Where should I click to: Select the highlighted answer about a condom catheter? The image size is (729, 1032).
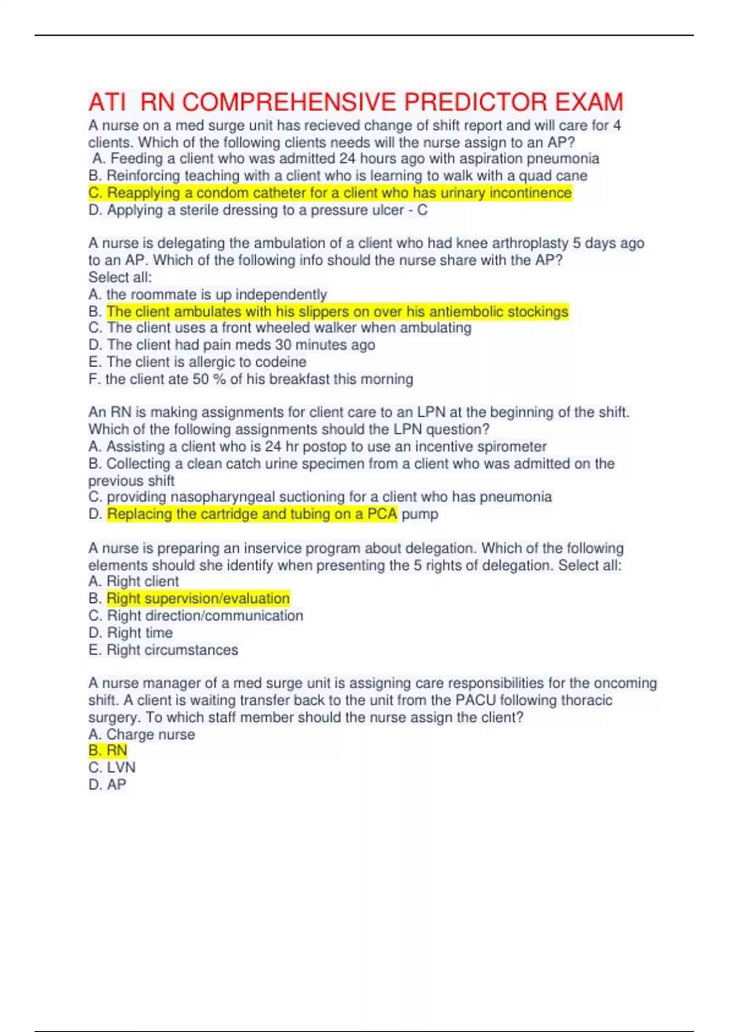330,193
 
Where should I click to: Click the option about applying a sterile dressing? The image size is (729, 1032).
258,210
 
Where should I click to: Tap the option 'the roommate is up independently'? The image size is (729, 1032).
208,294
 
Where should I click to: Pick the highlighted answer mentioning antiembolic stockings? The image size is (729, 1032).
337,311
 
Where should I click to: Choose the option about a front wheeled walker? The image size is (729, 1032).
279,328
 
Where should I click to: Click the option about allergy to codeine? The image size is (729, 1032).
197,362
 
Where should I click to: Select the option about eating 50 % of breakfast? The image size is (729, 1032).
250,379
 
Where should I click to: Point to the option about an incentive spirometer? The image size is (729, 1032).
317,447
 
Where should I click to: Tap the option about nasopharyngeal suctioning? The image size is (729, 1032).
320,497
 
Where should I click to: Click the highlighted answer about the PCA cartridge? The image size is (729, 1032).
252,514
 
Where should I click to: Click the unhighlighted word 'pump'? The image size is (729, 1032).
420,514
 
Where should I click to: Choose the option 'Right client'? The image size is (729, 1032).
134,582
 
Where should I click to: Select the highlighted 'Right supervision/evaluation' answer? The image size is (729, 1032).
198,599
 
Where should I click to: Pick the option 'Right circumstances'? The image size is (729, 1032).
163,650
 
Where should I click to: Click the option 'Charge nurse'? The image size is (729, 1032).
142,735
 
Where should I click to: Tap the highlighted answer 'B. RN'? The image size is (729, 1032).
108,750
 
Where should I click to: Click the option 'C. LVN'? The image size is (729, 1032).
112,767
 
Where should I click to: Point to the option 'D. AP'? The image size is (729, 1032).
108,784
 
